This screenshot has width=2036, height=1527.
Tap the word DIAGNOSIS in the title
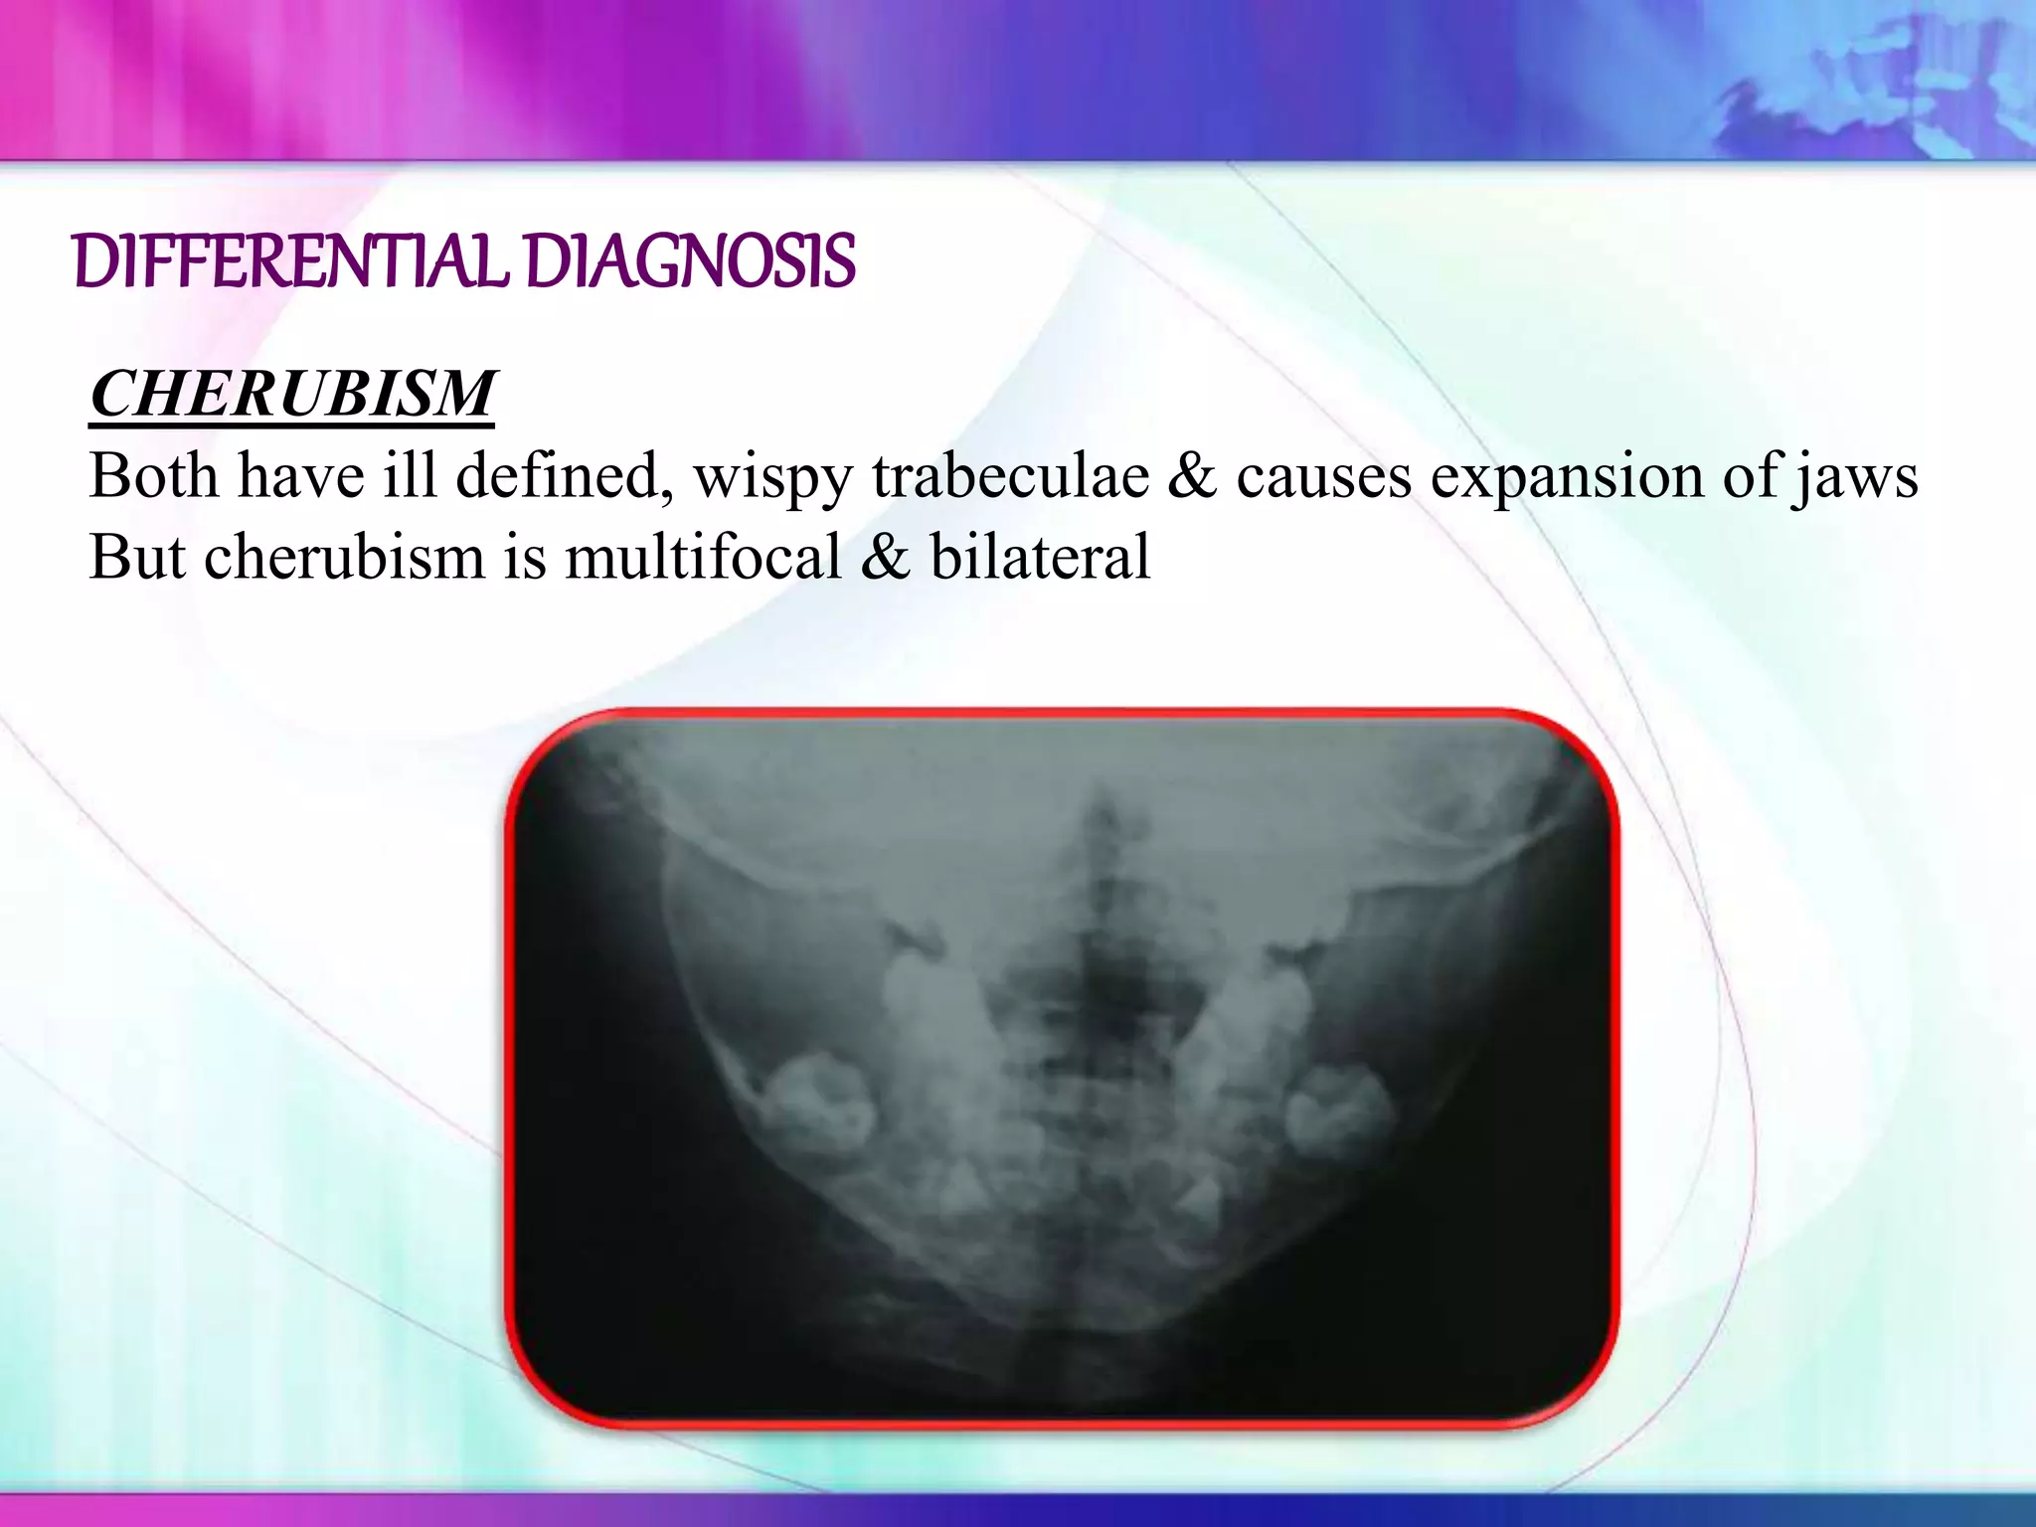click(690, 262)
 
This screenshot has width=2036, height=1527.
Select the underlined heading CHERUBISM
click(292, 394)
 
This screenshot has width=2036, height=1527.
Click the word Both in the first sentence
click(153, 475)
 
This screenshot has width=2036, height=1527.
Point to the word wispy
click(772, 477)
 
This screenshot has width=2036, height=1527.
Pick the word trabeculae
click(1010, 475)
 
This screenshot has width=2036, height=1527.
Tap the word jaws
click(1856, 477)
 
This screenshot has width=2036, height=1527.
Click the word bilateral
click(1040, 556)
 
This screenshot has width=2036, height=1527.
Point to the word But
click(136, 556)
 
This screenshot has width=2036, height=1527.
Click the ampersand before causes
click(1192, 475)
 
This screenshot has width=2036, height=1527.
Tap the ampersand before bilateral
click(886, 556)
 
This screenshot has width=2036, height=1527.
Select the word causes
click(1323, 477)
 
